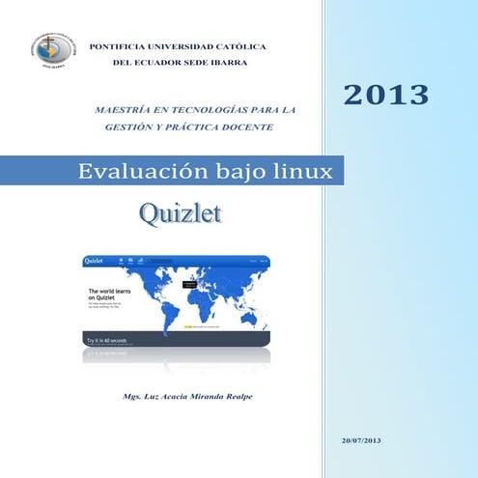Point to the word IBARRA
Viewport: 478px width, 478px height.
click(226, 63)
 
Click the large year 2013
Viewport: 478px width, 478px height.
click(385, 94)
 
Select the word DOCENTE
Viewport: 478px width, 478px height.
click(248, 127)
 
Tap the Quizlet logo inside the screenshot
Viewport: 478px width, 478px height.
click(96, 261)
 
